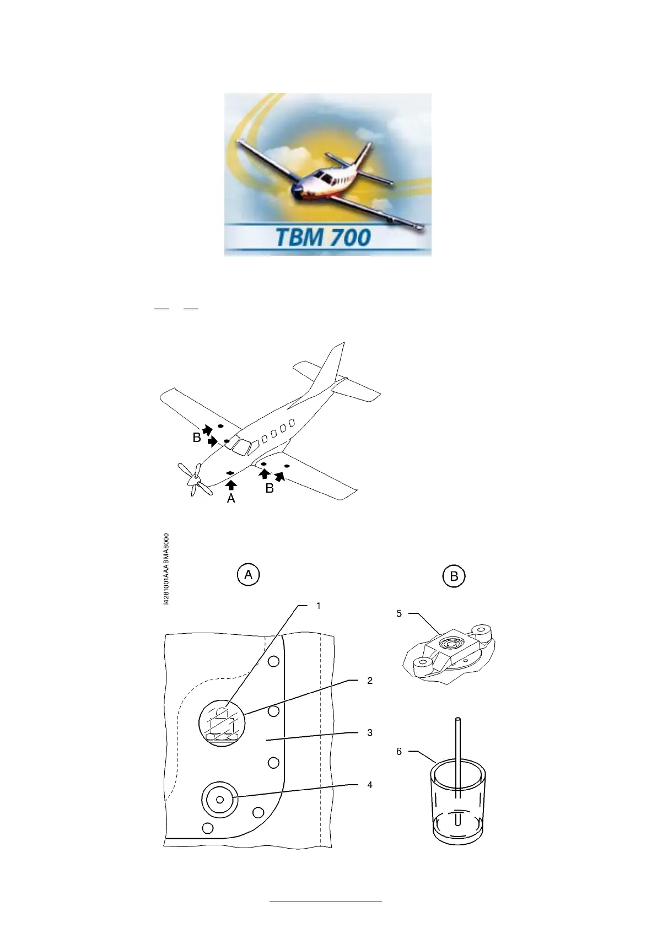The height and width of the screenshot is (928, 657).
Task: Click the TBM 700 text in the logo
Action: tap(323, 238)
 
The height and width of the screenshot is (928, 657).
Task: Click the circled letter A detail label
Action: tap(249, 575)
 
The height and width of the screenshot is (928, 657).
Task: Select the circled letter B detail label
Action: tap(454, 576)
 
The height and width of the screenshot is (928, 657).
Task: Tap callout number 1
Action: tap(319, 606)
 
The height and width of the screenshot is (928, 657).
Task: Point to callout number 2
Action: tap(370, 681)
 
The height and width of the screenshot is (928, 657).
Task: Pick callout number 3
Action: tap(370, 733)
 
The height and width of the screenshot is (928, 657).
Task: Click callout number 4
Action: tap(370, 785)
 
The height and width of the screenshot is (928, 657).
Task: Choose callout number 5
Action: tap(399, 614)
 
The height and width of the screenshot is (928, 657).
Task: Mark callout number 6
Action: tap(399, 752)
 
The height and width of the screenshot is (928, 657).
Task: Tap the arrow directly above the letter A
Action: tap(231, 485)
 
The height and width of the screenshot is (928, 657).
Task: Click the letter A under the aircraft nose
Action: tap(231, 499)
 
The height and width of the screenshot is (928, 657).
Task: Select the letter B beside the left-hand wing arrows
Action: tap(197, 438)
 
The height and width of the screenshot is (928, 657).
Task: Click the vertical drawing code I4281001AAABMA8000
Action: tap(167, 569)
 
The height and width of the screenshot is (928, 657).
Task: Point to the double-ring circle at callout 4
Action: tap(220, 799)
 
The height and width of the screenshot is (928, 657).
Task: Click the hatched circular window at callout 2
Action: tap(222, 724)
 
